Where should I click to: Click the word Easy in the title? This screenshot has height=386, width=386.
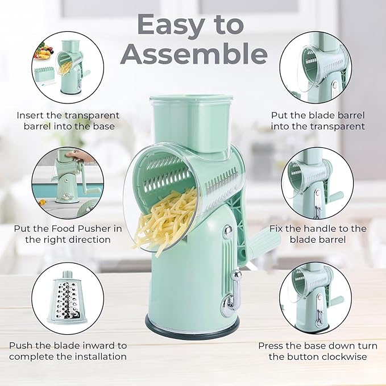pyautogui.click(x=171, y=26)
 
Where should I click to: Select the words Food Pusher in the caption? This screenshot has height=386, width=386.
pyautogui.click(x=79, y=229)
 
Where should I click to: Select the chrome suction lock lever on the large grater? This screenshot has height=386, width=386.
pyautogui.click(x=232, y=293)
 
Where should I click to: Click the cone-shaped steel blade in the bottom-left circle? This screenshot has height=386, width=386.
pyautogui.click(x=68, y=298)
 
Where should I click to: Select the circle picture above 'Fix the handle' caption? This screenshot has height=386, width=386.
pyautogui.click(x=318, y=184)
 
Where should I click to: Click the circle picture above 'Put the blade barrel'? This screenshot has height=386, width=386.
pyautogui.click(x=316, y=67)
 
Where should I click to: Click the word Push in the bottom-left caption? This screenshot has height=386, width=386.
pyautogui.click(x=21, y=346)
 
